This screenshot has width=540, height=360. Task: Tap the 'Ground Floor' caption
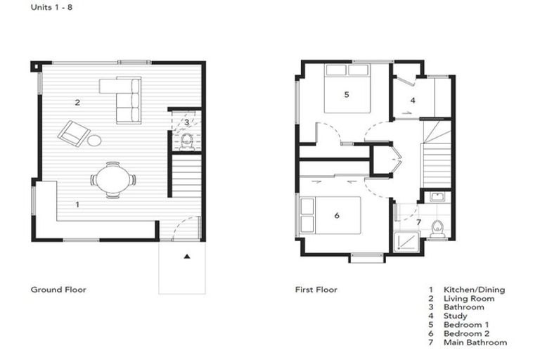click(x=58, y=289)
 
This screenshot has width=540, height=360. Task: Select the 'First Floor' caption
click(x=316, y=289)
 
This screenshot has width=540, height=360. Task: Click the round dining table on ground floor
click(x=113, y=179)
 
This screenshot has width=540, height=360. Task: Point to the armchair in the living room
click(x=73, y=133)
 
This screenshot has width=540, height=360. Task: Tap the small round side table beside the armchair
click(x=94, y=141)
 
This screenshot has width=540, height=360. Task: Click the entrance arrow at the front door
click(x=186, y=257)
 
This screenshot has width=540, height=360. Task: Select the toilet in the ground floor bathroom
click(x=186, y=142)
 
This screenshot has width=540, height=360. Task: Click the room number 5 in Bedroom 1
click(x=346, y=94)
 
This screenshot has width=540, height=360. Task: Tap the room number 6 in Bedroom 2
click(x=337, y=215)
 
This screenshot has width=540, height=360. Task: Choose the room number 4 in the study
click(x=413, y=101)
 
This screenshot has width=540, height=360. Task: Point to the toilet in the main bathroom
click(x=437, y=227)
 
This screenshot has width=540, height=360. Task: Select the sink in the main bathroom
click(x=437, y=196)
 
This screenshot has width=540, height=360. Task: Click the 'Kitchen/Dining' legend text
click(x=473, y=289)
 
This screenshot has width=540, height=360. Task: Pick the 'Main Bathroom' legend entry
click(x=475, y=342)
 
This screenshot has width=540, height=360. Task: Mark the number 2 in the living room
click(x=77, y=103)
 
